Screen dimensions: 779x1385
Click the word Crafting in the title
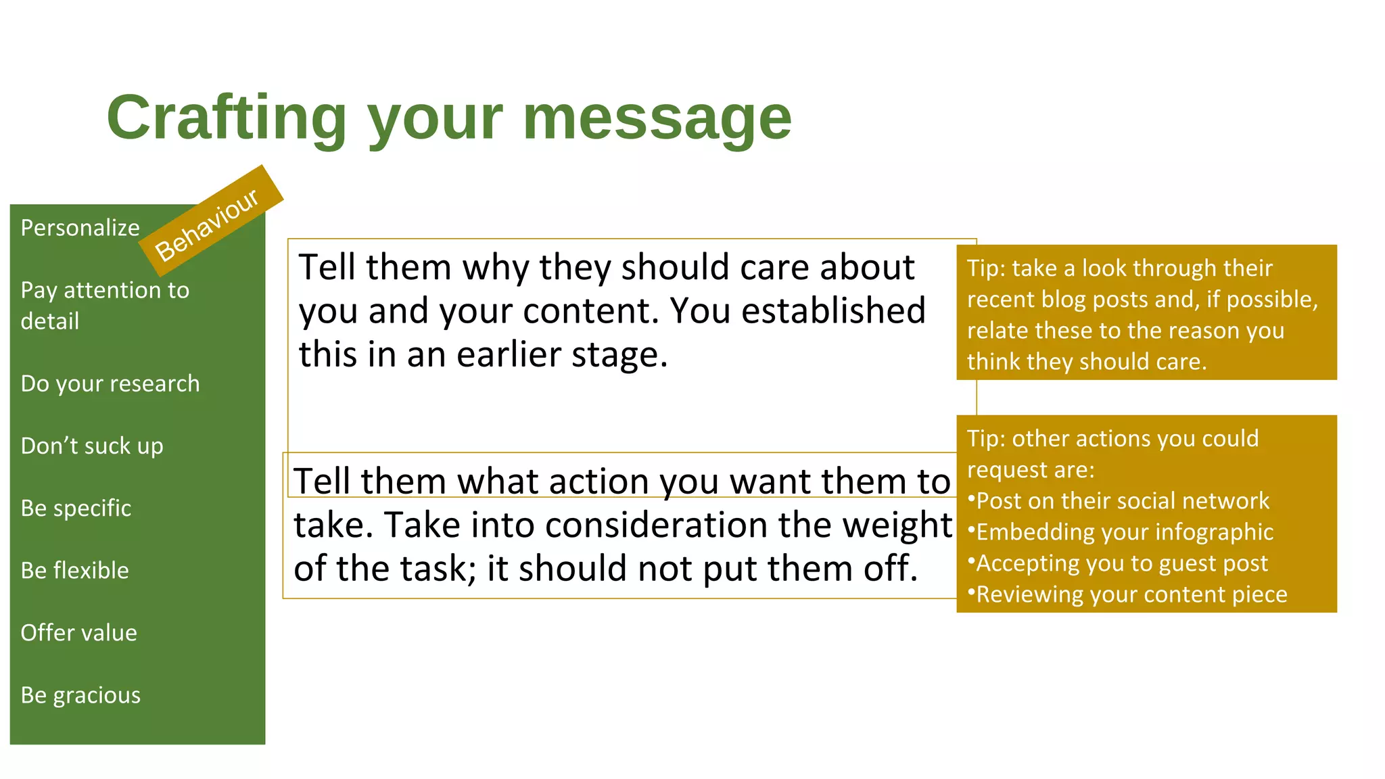coord(227,118)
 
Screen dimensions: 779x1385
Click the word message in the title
coord(657,118)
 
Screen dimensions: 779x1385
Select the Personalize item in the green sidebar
coord(80,228)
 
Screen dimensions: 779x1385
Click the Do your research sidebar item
coord(110,383)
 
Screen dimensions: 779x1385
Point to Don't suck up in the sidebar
coord(92,446)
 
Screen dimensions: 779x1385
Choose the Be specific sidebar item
coord(76,509)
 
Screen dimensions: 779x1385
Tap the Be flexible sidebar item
coord(74,571)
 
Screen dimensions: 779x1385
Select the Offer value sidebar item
coord(78,633)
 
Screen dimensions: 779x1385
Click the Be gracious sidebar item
coord(80,695)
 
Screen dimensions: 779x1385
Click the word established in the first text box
coord(833,311)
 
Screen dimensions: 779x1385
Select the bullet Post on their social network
coord(1123,501)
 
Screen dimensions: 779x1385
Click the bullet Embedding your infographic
coord(1125,532)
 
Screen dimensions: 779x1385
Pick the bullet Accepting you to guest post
coord(1121,563)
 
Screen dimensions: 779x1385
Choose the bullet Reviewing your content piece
coord(1131,594)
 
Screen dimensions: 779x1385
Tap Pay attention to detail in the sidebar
coord(105,306)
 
